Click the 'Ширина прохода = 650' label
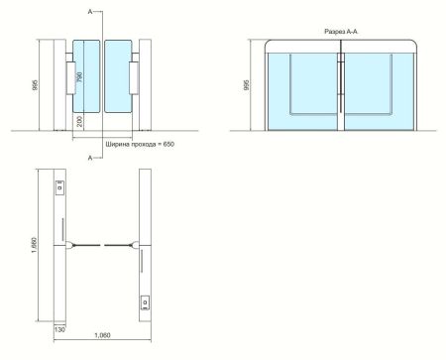coord(140,145)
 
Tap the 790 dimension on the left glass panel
coord(79,77)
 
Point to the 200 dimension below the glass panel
coord(79,122)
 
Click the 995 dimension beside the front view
coord(36,85)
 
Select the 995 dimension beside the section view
coord(246,85)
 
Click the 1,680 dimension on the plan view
coord(34,245)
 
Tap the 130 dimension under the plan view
coord(59,329)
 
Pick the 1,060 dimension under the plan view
coord(102,335)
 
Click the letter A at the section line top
coord(90,12)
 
